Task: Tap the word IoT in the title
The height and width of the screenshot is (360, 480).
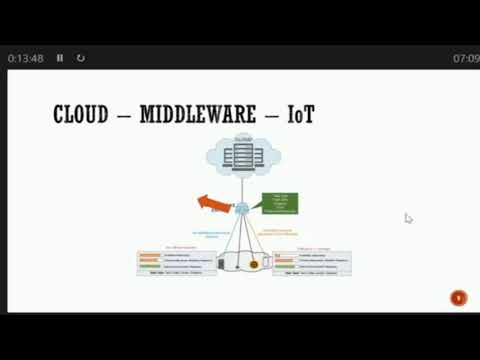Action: pyautogui.click(x=299, y=115)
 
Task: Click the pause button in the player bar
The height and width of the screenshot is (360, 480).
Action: pyautogui.click(x=60, y=58)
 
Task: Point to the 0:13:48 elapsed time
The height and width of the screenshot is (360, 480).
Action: pyautogui.click(x=25, y=58)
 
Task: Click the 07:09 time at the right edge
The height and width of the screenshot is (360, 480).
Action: pyautogui.click(x=466, y=58)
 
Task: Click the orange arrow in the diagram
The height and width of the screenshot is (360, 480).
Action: pyautogui.click(x=213, y=204)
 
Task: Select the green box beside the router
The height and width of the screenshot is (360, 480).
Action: pyautogui.click(x=279, y=203)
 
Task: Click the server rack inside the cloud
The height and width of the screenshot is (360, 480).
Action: pyautogui.click(x=241, y=156)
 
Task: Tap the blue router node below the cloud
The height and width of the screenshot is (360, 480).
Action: pyautogui.click(x=241, y=208)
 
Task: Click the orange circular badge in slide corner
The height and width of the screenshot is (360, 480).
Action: pyautogui.click(x=458, y=297)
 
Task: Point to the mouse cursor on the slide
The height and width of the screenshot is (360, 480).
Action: pyautogui.click(x=408, y=218)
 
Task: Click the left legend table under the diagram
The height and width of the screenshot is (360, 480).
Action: pyautogui.click(x=176, y=262)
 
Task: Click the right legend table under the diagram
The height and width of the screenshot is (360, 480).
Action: pyautogui.click(x=311, y=262)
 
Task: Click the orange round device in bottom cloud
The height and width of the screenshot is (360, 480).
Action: pyautogui.click(x=254, y=264)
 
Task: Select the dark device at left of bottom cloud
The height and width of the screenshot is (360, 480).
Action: pyautogui.click(x=221, y=264)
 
